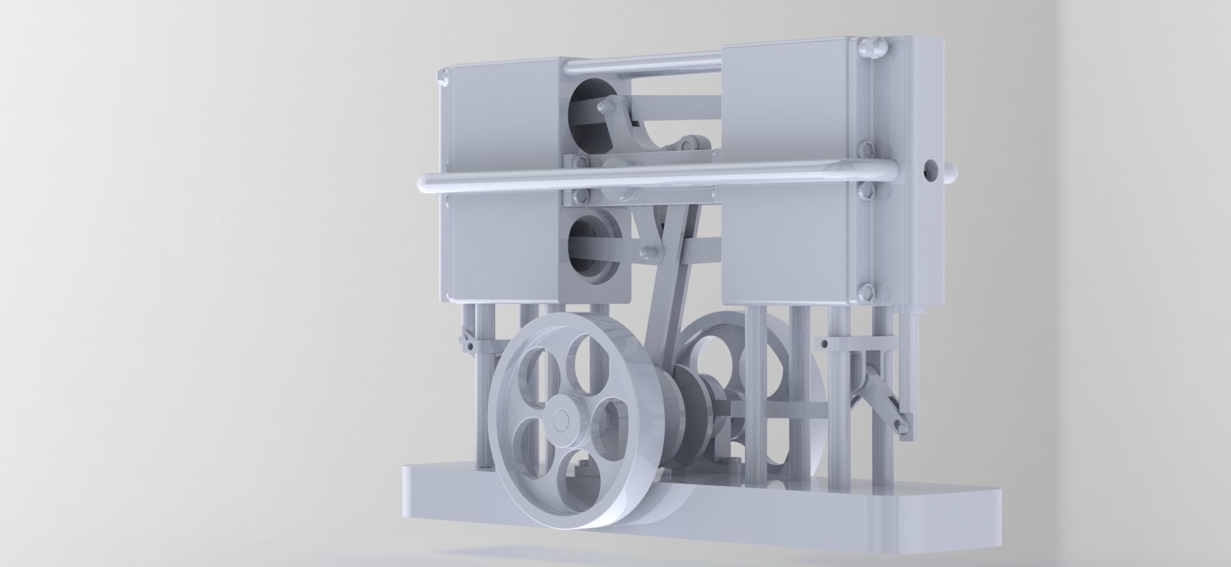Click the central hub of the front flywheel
point(559,420)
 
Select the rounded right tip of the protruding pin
point(953,174)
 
